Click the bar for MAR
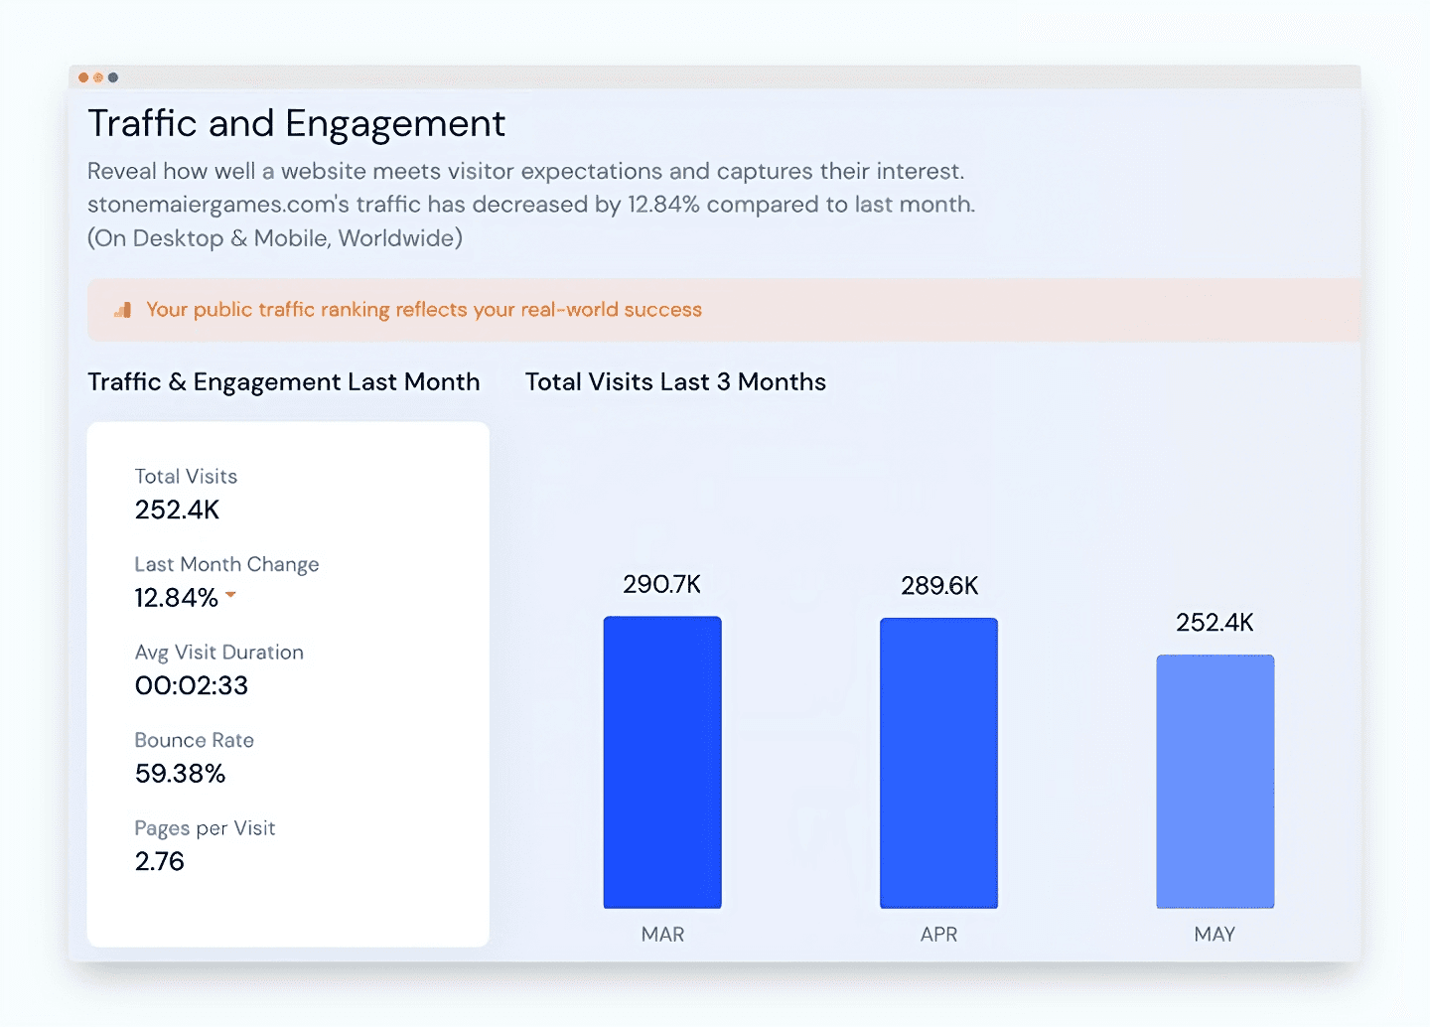pyautogui.click(x=662, y=762)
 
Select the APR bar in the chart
pyautogui.click(x=938, y=763)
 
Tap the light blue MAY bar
pyautogui.click(x=1215, y=781)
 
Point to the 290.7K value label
pyautogui.click(x=662, y=584)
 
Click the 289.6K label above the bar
pyautogui.click(x=939, y=586)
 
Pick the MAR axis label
pyautogui.click(x=662, y=935)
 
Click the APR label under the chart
pyautogui.click(x=938, y=935)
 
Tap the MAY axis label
pyautogui.click(x=1215, y=935)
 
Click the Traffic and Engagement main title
pyautogui.click(x=296, y=123)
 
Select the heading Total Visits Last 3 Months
pyautogui.click(x=675, y=382)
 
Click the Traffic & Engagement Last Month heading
pyautogui.click(x=283, y=382)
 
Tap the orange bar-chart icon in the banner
pyautogui.click(x=123, y=310)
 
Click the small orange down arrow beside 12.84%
pyautogui.click(x=230, y=595)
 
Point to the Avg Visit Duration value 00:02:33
pyautogui.click(x=192, y=685)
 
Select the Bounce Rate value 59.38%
pyautogui.click(x=181, y=774)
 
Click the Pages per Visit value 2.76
pyautogui.click(x=160, y=861)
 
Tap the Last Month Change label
pyautogui.click(x=226, y=564)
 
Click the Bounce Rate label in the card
pyautogui.click(x=195, y=740)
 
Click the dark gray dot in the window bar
pyautogui.click(x=113, y=77)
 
